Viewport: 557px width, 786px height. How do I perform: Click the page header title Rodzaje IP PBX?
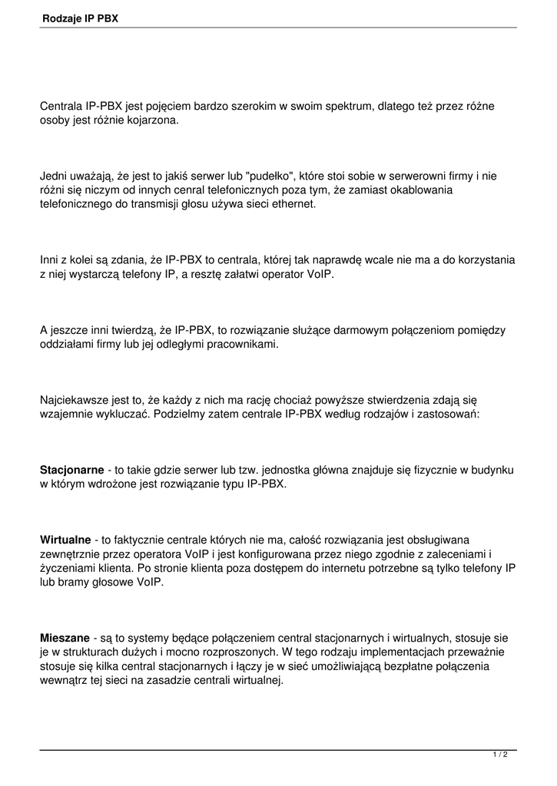81,17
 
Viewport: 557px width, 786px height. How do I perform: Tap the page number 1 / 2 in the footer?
500,755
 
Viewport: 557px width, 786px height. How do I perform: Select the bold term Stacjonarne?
72,469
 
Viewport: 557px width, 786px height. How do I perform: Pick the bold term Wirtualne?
65,539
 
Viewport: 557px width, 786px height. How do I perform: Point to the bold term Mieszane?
65,637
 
